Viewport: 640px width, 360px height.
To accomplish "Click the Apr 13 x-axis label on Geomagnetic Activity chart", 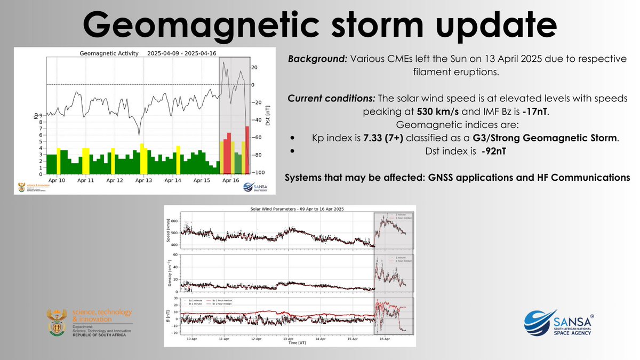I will tap(143, 181).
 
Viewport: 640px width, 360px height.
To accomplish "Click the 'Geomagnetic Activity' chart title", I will tap(109, 53).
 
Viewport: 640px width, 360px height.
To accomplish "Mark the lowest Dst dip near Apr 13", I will tap(139, 134).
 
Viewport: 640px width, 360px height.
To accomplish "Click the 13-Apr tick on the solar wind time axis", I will tap(289, 339).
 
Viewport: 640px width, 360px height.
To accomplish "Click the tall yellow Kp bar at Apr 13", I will tap(142, 158).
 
